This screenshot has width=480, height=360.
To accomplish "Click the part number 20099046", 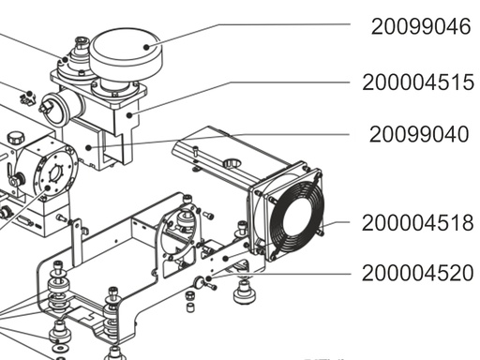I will [420, 26].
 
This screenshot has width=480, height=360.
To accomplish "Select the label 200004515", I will [418, 82].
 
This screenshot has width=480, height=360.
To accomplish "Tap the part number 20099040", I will [419, 135].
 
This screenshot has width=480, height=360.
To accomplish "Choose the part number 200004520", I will [418, 274].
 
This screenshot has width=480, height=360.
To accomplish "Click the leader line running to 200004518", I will [342, 224].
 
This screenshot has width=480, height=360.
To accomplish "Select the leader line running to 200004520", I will [281, 275].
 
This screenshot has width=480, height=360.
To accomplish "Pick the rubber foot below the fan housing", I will [247, 295].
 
